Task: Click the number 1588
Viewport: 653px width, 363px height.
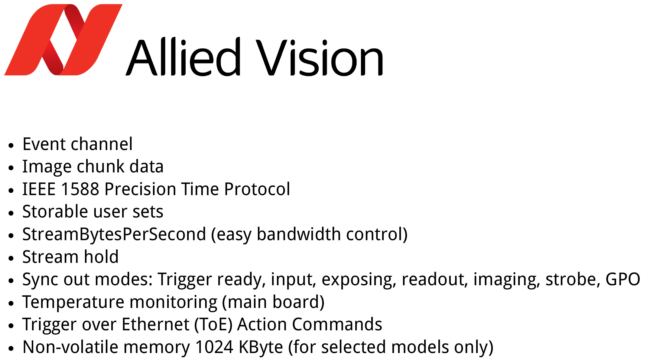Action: click(x=80, y=189)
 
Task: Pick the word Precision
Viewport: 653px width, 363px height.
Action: click(x=140, y=189)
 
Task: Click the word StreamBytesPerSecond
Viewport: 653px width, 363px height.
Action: click(x=114, y=234)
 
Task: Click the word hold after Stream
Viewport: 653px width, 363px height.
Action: click(x=101, y=257)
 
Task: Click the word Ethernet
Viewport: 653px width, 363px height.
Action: click(x=156, y=325)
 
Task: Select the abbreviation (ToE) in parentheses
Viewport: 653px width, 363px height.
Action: click(x=213, y=325)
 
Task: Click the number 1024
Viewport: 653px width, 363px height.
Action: click(x=214, y=347)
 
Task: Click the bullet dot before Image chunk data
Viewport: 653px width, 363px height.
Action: click(x=11, y=168)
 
